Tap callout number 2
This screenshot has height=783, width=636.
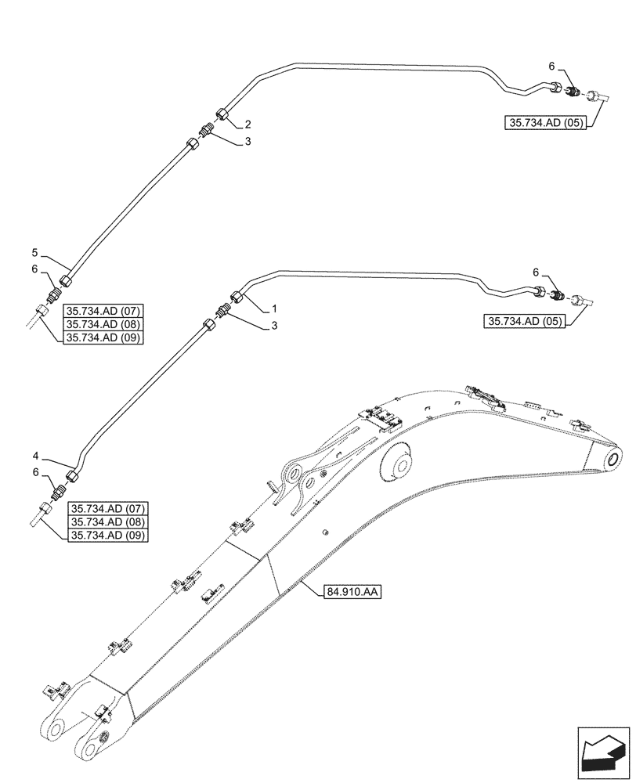248,124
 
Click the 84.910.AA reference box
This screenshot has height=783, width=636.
351,593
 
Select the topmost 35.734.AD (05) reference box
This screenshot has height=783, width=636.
544,123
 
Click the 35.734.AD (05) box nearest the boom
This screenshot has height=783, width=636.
525,321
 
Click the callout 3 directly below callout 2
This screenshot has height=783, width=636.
248,142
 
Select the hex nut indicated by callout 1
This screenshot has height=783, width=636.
236,298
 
